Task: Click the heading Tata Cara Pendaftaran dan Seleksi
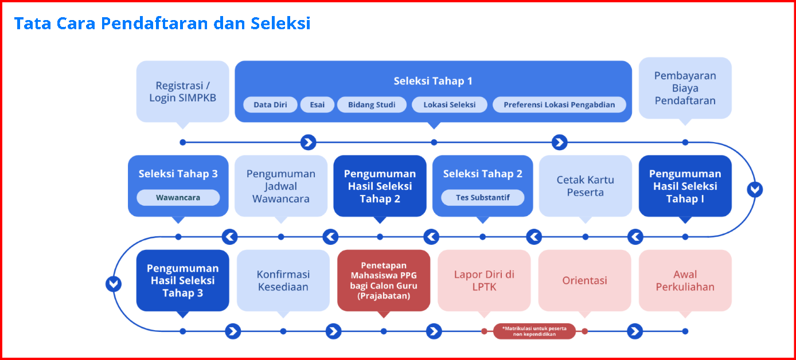coord(162,24)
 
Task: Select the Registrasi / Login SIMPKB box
coord(182,91)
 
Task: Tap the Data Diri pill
coord(270,105)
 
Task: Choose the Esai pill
coord(317,105)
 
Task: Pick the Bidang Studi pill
coord(372,105)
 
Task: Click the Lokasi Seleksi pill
coord(450,105)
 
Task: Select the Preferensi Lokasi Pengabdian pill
coord(559,105)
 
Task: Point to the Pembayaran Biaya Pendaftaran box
coord(685,88)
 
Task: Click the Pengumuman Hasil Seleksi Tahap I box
coord(685,186)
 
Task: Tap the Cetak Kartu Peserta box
coord(586,186)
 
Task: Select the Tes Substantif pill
coord(482,198)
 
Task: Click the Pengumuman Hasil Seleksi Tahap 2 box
coord(380,186)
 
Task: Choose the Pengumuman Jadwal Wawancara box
coord(281,186)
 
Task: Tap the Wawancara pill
coord(178,198)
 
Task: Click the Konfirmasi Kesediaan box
coord(283,280)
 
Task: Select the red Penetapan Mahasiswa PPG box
coord(384,280)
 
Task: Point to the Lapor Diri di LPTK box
coord(484,280)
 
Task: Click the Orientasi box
coord(584,280)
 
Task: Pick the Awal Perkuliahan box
coord(685,280)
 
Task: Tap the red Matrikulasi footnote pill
coord(534,331)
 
